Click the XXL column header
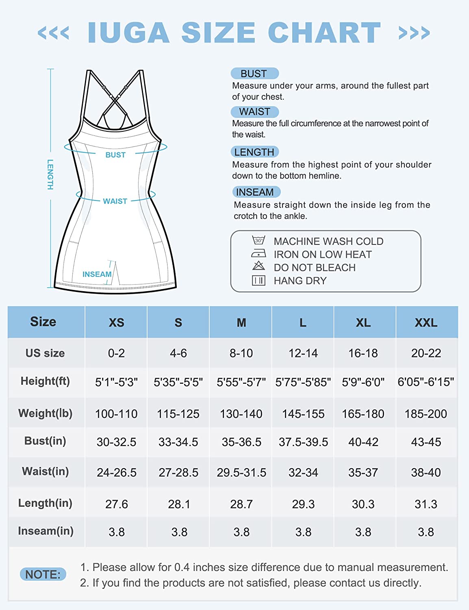pyautogui.click(x=426, y=322)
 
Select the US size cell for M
pyautogui.click(x=241, y=353)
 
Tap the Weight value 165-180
pyautogui.click(x=363, y=414)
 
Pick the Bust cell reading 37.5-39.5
pyautogui.click(x=303, y=442)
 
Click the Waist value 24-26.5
pyautogui.click(x=117, y=473)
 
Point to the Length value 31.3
pyautogui.click(x=426, y=504)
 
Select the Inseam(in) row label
pyautogui.click(x=46, y=531)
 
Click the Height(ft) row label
pyautogui.click(x=45, y=381)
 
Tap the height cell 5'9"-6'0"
pyautogui.click(x=363, y=382)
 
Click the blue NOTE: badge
pyautogui.click(x=43, y=574)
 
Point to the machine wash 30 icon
pyautogui.click(x=258, y=240)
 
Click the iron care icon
pyautogui.click(x=258, y=254)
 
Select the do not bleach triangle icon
pyautogui.click(x=258, y=266)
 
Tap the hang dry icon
pyautogui.click(x=258, y=280)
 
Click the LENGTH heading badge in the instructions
pyautogui.click(x=254, y=152)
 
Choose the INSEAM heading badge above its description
pyautogui.click(x=255, y=192)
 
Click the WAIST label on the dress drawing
pyautogui.click(x=115, y=201)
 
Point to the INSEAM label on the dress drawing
pyautogui.click(x=97, y=274)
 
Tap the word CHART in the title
pyautogui.click(x=324, y=33)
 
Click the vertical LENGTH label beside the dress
pyautogui.click(x=50, y=174)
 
